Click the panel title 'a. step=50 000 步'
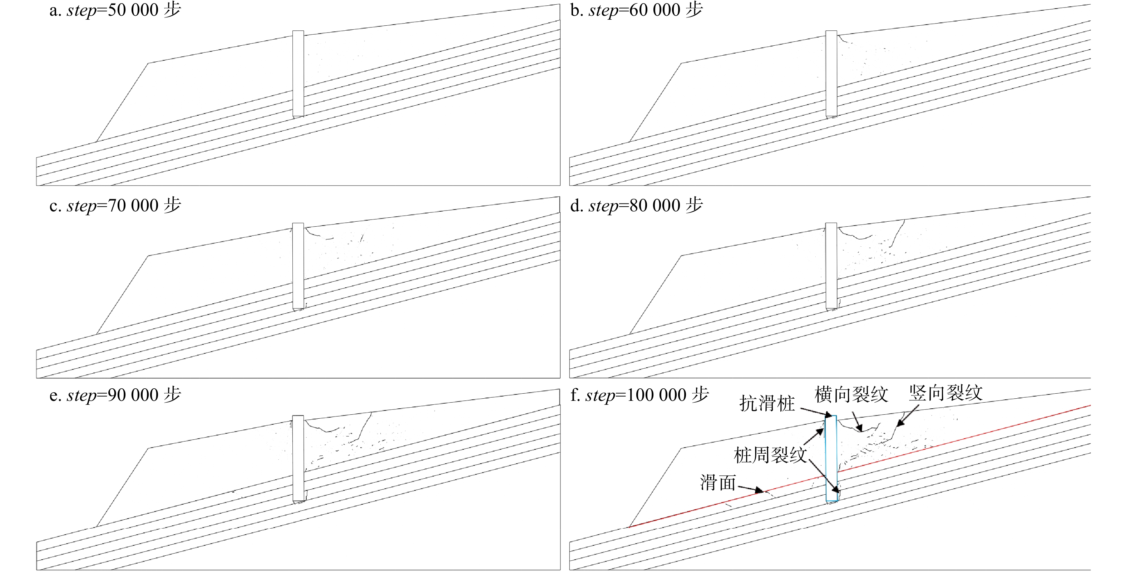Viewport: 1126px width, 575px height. click(x=115, y=10)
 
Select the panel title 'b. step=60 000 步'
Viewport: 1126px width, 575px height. click(x=636, y=10)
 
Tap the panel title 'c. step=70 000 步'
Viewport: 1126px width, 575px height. click(x=115, y=205)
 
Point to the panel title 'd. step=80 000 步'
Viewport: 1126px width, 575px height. click(x=636, y=205)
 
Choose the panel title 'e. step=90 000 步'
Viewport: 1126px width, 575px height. click(x=115, y=395)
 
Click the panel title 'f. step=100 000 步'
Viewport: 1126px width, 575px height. click(x=639, y=395)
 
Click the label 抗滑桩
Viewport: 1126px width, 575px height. click(x=767, y=403)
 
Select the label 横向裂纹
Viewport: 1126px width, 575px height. click(x=851, y=395)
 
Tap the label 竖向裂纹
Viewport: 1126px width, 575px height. click(x=945, y=393)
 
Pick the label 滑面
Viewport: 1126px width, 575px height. click(x=718, y=483)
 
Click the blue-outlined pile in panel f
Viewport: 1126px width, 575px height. click(x=831, y=458)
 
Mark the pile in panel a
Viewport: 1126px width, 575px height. click(x=298, y=74)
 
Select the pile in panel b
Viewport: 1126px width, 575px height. click(x=831, y=74)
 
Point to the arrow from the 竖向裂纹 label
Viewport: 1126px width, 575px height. click(x=908, y=415)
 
